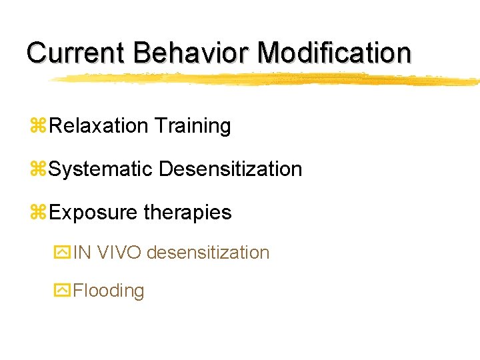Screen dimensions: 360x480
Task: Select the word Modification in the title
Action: click(x=335, y=53)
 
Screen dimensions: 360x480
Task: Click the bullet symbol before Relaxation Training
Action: click(x=38, y=126)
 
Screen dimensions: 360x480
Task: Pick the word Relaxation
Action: click(x=98, y=125)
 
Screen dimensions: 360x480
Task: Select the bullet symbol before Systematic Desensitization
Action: click(x=38, y=169)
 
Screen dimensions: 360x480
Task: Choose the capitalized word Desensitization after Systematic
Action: click(x=230, y=169)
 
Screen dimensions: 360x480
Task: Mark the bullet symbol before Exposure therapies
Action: click(x=38, y=213)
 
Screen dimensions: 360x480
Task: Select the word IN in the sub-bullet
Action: click(x=83, y=253)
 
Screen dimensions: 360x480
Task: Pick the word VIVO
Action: click(x=119, y=253)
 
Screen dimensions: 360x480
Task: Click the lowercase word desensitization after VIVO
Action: click(x=208, y=253)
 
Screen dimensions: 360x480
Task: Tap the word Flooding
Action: click(x=109, y=291)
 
